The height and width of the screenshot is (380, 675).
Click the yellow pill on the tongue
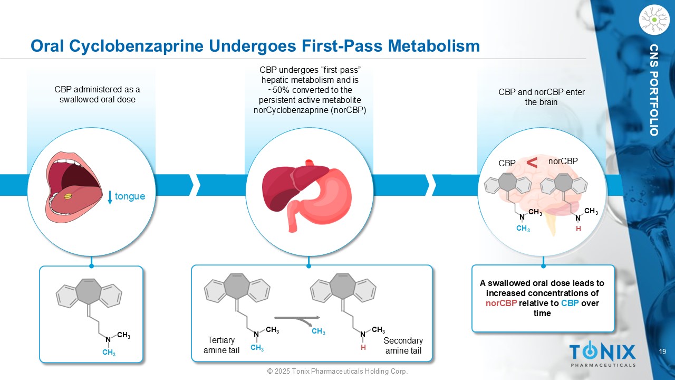(69, 197)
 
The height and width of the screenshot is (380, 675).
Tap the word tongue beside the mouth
(130, 196)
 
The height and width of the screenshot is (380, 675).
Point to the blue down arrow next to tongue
(110, 197)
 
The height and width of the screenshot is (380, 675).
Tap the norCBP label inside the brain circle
(563, 161)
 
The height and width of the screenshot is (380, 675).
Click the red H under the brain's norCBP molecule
(578, 229)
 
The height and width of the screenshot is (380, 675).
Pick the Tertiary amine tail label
(221, 345)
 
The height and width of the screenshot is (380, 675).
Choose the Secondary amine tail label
(403, 346)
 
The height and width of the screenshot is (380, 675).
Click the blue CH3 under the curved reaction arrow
(319, 331)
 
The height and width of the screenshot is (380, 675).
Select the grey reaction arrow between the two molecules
(297, 318)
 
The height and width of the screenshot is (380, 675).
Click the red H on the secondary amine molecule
(363, 348)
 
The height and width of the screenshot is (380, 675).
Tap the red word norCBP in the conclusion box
(501, 303)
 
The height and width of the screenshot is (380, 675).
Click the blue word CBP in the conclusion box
(570, 303)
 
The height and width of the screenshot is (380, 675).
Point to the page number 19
(662, 351)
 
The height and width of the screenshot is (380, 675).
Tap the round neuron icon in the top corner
(654, 20)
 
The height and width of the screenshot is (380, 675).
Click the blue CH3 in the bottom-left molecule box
(109, 353)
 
